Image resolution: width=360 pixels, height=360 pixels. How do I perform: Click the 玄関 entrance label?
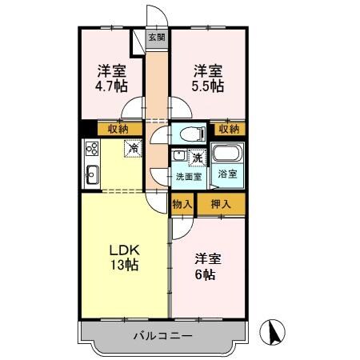[x=157, y=37]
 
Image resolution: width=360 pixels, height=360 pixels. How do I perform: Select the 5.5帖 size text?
[x=207, y=86]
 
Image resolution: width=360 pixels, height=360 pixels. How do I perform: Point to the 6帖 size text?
[x=206, y=274]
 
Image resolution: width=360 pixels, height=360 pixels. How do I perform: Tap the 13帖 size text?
[x=125, y=266]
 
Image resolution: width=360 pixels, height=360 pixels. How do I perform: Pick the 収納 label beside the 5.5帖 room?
[x=228, y=128]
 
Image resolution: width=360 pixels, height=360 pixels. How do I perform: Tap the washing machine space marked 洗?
[x=197, y=158]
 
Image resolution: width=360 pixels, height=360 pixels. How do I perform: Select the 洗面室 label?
[x=189, y=176]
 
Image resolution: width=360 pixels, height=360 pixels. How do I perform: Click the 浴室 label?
[x=228, y=174]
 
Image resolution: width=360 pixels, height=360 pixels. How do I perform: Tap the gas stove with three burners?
[x=90, y=149]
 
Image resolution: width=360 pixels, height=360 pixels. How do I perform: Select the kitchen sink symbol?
[x=90, y=173]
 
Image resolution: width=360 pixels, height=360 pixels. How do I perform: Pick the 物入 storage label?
[x=182, y=204]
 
